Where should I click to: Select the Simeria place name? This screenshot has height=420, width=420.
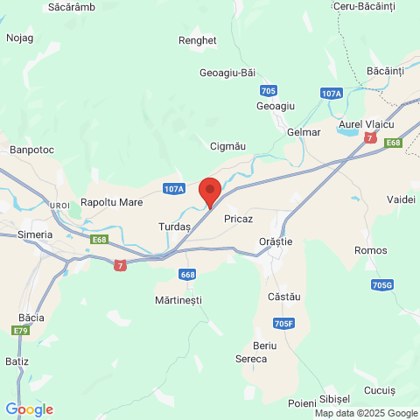click(x=35, y=234)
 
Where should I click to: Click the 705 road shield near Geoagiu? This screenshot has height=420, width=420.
click(x=269, y=91)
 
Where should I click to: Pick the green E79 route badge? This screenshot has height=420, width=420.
click(x=20, y=330)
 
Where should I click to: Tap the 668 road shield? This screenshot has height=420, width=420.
click(x=187, y=275)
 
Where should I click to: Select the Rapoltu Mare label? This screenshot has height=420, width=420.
click(x=111, y=202)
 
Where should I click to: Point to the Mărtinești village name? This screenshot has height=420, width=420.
click(x=178, y=300)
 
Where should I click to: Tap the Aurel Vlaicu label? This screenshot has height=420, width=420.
click(x=367, y=125)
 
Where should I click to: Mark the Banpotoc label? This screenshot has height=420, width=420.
click(x=31, y=150)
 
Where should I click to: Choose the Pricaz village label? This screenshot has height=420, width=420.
click(x=239, y=217)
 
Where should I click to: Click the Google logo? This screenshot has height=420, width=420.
click(x=29, y=409)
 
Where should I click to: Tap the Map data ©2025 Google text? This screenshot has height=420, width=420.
click(x=367, y=414)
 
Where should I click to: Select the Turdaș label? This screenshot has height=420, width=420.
click(x=174, y=227)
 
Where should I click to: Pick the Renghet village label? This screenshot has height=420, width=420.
click(x=197, y=40)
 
